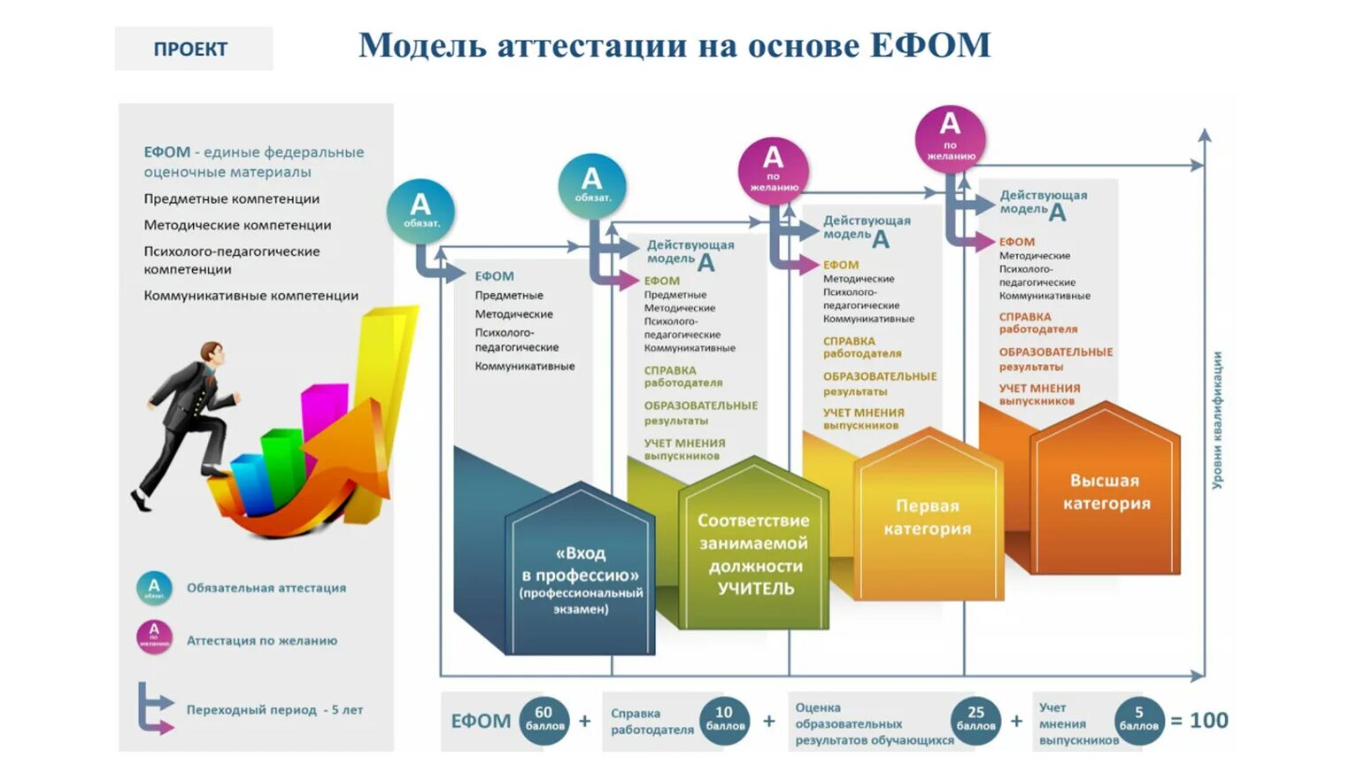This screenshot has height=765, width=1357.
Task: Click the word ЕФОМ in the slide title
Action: point(929,46)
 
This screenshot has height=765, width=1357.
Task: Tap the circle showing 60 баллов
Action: point(544,719)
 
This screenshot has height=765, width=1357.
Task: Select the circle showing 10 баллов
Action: point(724,719)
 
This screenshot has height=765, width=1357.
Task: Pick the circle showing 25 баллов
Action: point(975,719)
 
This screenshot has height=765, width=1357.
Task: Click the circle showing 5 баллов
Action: point(1138,719)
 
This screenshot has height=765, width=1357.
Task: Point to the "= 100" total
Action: point(1199,721)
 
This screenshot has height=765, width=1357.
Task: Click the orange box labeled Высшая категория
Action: point(1106,493)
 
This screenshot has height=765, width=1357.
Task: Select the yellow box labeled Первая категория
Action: point(928,518)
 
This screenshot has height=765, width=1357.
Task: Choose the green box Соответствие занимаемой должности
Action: point(753,553)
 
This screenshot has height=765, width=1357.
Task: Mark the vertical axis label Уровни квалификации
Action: point(1217,420)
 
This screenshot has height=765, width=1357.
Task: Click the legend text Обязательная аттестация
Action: point(266,588)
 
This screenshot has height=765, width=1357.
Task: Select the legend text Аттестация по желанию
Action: point(261,640)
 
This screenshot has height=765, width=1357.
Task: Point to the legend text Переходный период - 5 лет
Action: point(274,710)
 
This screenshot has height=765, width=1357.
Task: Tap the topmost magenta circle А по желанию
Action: point(950,136)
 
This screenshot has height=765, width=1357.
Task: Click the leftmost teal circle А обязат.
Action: point(420,211)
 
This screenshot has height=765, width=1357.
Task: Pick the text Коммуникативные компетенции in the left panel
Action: point(251,296)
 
